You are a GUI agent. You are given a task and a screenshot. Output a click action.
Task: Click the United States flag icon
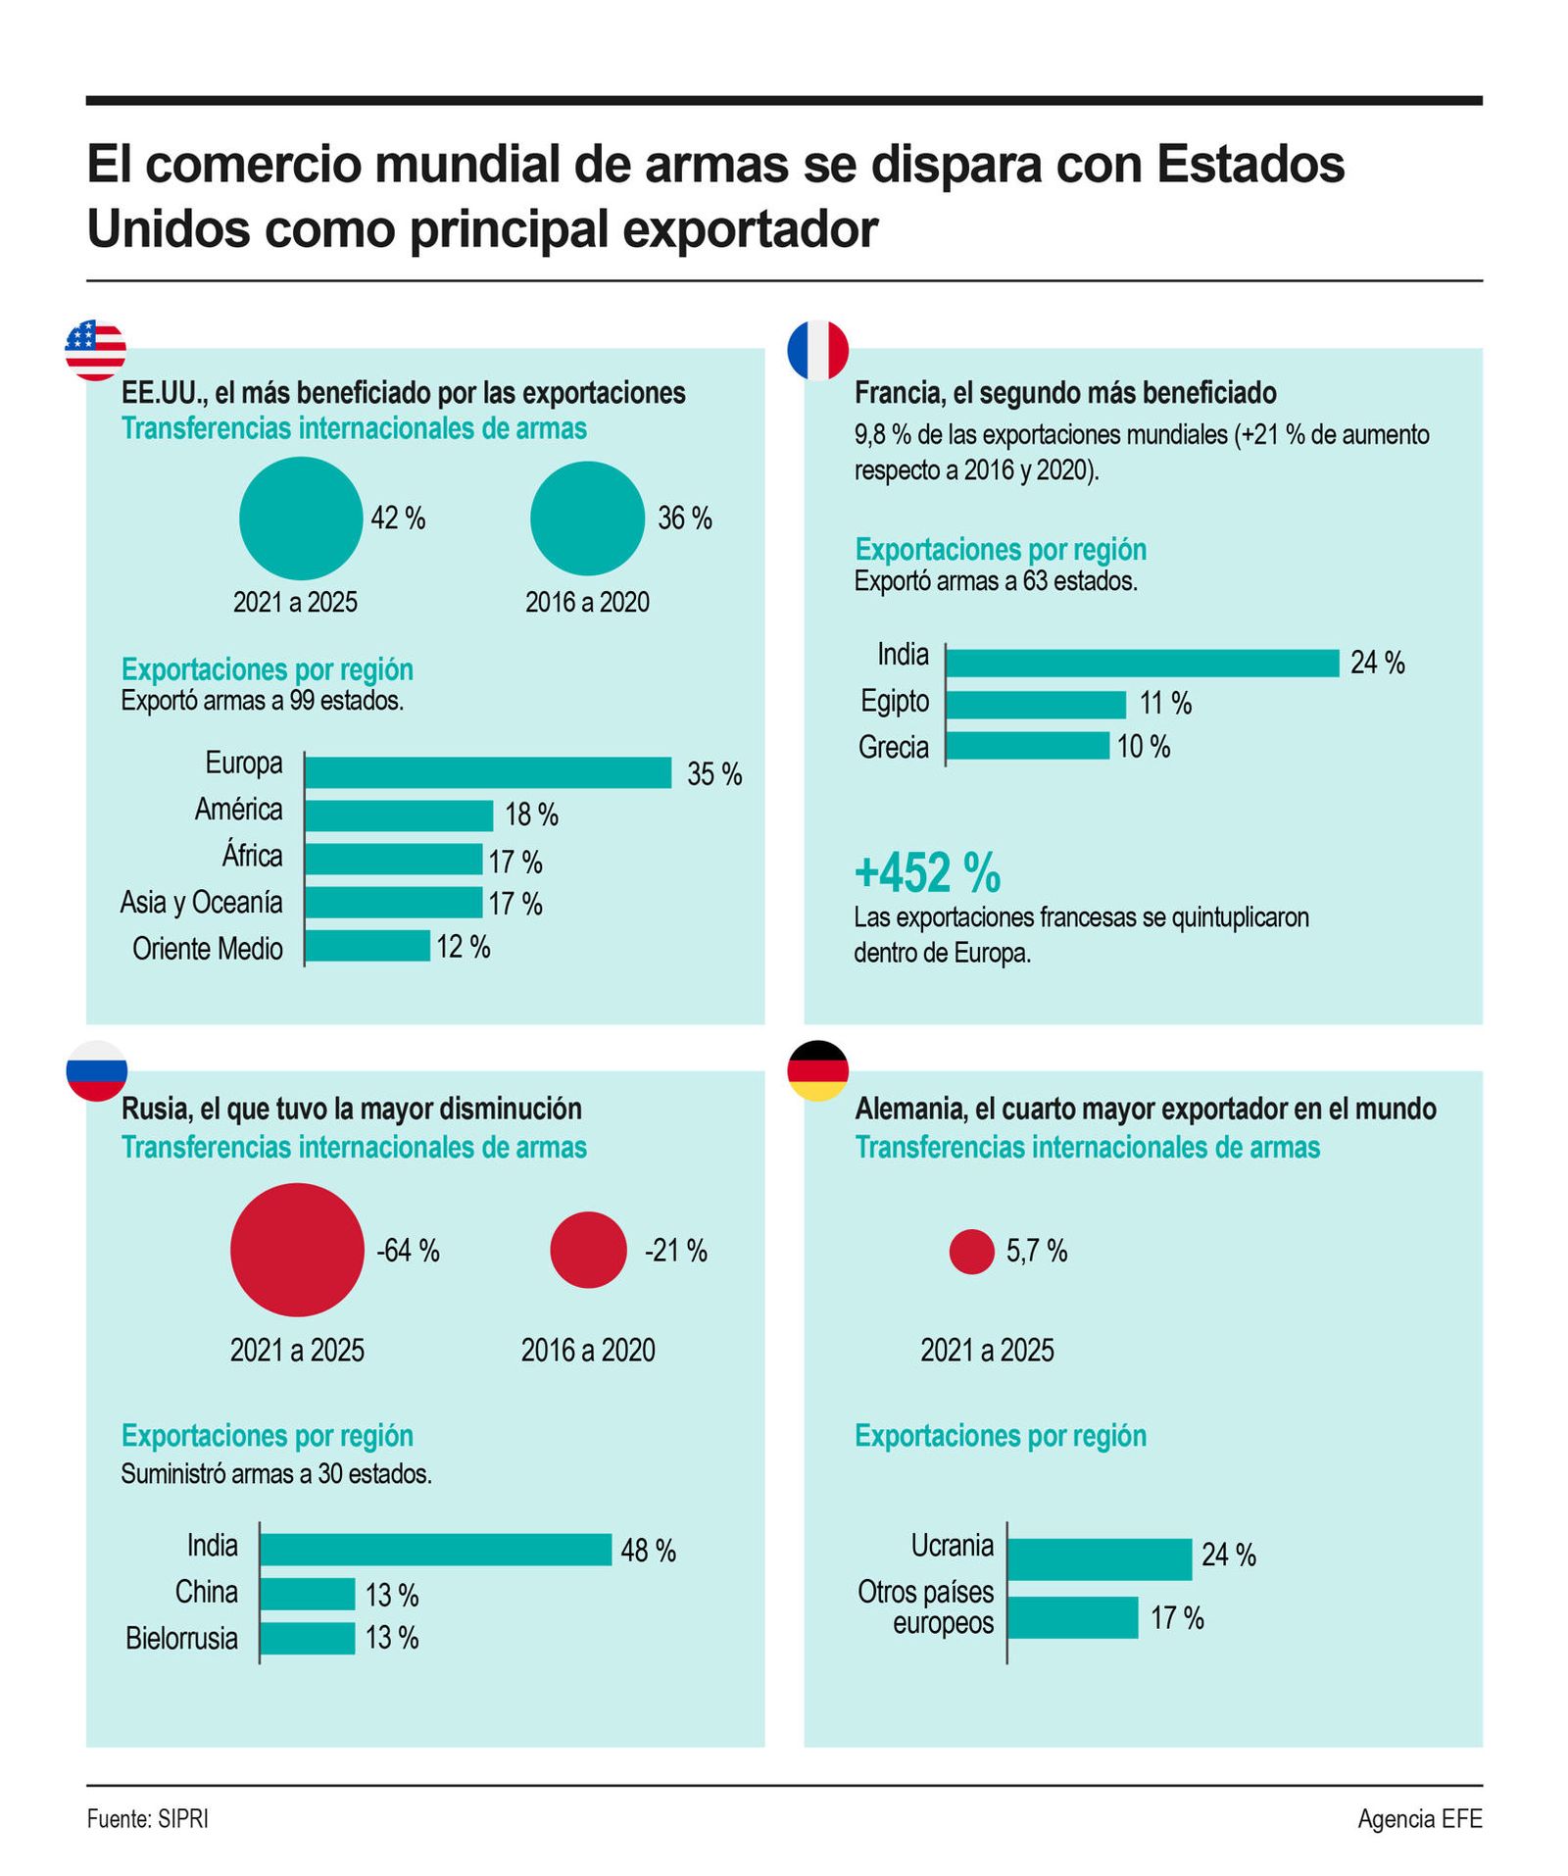pos(95,350)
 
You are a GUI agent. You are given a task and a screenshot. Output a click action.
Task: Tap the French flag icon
pos(817,350)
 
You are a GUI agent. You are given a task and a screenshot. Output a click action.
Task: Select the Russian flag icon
pos(96,1069)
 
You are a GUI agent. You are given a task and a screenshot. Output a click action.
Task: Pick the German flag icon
pos(817,1069)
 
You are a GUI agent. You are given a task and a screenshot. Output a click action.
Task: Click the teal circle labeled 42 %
pos(301,518)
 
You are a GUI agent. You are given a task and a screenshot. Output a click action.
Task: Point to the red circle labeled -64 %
pos(297,1249)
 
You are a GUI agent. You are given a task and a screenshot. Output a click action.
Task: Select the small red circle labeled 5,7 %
pos(971,1251)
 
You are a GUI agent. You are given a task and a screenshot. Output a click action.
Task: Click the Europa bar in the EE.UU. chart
pos(487,772)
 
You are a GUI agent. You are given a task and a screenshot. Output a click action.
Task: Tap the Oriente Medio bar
pos(367,946)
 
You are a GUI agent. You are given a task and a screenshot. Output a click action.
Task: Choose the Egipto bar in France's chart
pos(1035,704)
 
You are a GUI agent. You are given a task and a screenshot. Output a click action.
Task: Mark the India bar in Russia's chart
pos(435,1549)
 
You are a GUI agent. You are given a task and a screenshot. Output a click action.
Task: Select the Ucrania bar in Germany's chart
pos(1099,1558)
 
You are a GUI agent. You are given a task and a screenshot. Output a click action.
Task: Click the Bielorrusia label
pos(181,1638)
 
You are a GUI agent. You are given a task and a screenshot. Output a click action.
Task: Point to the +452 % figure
pos(927,872)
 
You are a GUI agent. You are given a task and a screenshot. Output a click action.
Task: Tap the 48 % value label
pos(648,1551)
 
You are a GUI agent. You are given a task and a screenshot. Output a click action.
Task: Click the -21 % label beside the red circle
pos(675,1250)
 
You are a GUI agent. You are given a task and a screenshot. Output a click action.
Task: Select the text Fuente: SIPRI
pos(147,1818)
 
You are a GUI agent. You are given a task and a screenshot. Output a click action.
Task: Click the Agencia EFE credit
pos(1419,1818)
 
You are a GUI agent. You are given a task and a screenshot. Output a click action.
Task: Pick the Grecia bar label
pos(893,747)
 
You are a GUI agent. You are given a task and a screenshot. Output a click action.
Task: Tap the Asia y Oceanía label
pos(201,902)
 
